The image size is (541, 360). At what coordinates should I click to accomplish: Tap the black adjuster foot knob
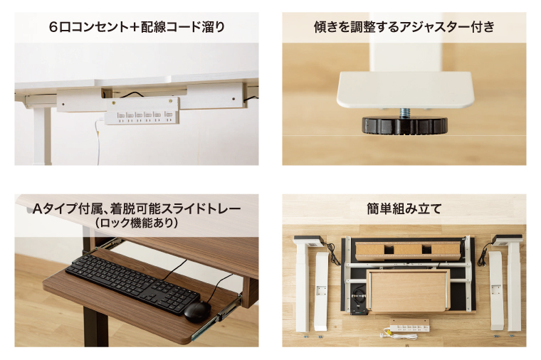click(404, 125)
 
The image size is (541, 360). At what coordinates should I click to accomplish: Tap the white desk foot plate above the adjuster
click(404, 88)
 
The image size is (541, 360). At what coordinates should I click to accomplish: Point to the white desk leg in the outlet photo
click(44, 135)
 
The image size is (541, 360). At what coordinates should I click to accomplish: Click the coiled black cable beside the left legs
click(332, 250)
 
